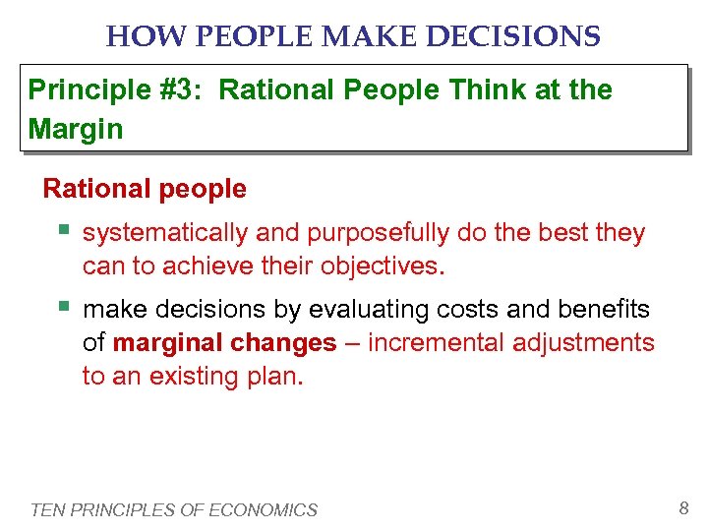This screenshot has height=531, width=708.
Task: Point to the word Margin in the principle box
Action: click(x=76, y=129)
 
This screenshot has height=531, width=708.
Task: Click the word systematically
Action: click(x=165, y=233)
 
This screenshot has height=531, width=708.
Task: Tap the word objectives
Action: click(x=387, y=266)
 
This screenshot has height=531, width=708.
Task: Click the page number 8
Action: click(x=683, y=508)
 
